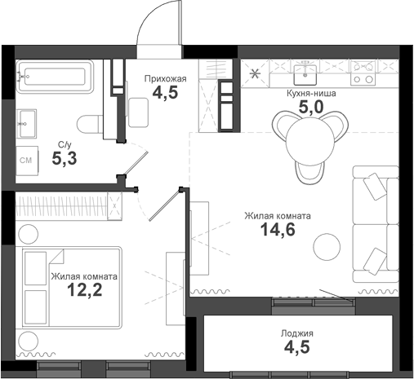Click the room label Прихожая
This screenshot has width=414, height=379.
coord(166,78)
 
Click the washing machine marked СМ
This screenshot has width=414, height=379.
coord(26,161)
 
